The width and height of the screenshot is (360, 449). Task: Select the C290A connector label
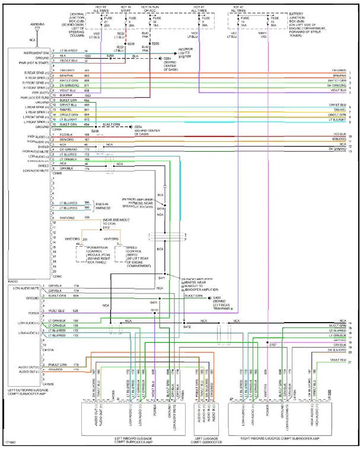point(57,130)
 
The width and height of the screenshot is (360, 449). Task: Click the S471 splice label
point(161,278)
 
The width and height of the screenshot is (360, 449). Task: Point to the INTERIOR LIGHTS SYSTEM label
point(187,52)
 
